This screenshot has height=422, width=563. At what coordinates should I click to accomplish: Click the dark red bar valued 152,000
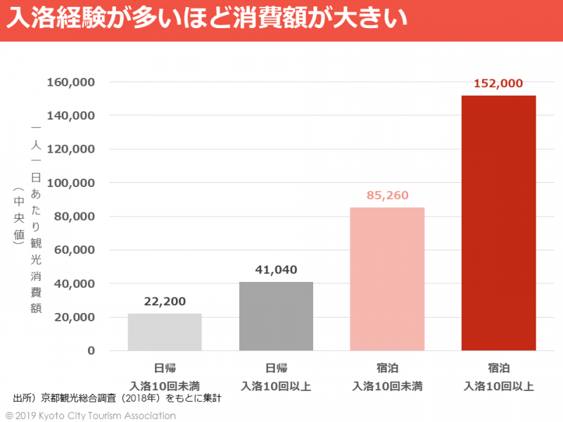tap(498, 223)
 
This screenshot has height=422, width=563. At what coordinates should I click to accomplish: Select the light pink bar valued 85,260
tap(387, 279)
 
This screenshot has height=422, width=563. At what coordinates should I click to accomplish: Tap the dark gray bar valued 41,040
tap(276, 316)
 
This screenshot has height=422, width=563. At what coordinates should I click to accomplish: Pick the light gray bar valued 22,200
tap(165, 332)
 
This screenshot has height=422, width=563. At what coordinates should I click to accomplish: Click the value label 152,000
tap(498, 83)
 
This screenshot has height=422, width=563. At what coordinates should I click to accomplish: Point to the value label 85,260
tap(387, 196)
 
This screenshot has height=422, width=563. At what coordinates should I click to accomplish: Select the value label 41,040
tap(276, 269)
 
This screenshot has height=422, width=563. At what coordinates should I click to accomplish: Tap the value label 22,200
tap(165, 302)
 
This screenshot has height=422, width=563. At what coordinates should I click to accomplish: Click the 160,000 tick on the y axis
tap(71, 82)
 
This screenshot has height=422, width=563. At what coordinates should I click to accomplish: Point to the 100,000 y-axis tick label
tap(71, 183)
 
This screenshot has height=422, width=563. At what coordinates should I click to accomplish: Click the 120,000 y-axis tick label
tap(71, 149)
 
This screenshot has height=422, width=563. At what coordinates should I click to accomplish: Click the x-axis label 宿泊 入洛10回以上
tap(498, 377)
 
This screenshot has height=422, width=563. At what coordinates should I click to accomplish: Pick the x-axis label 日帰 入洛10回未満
tap(165, 377)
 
